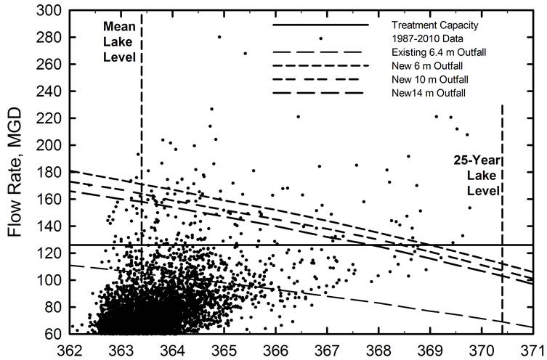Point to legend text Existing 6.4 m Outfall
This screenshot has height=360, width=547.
[x=434, y=52]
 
